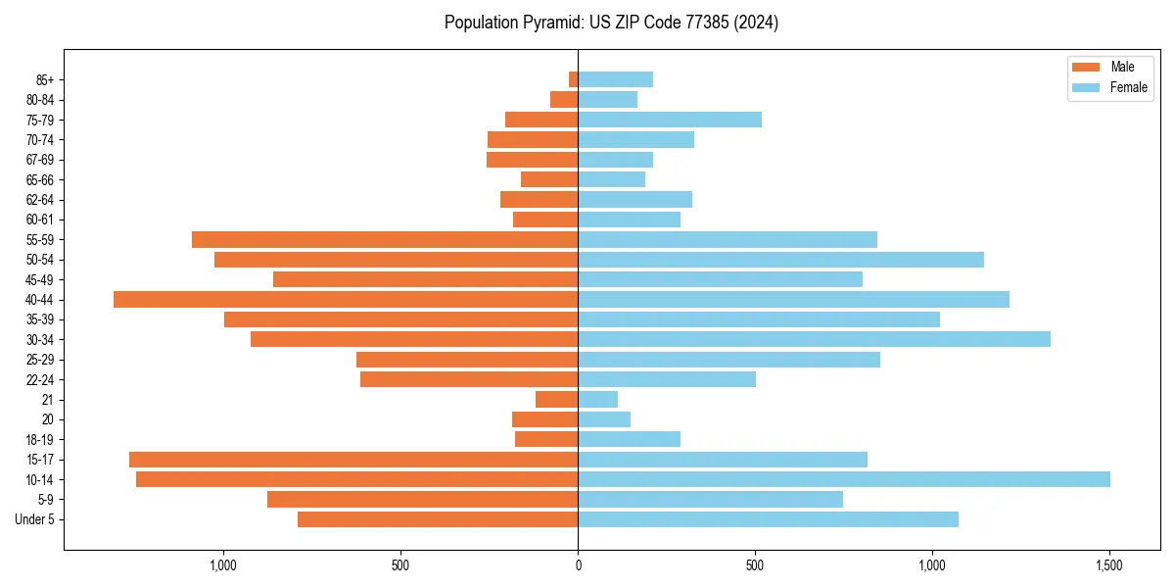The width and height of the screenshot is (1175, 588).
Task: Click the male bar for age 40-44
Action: tap(346, 299)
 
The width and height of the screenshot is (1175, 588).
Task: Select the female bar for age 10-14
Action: tap(843, 479)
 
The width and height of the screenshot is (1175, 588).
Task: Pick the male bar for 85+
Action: tap(574, 79)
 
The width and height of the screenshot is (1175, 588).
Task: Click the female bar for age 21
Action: tap(597, 399)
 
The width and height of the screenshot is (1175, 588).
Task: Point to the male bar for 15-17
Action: tap(353, 460)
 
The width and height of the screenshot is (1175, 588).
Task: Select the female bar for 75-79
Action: tap(670, 120)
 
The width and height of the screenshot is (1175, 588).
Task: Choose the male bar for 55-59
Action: tap(385, 239)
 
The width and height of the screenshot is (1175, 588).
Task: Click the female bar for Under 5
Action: tap(768, 519)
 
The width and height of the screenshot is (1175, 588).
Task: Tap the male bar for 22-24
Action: tap(469, 379)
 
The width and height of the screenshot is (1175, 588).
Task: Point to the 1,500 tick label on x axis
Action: tap(1108, 565)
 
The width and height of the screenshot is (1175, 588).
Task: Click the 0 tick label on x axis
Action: tap(578, 565)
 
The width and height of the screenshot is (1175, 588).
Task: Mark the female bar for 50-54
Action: tap(780, 260)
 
